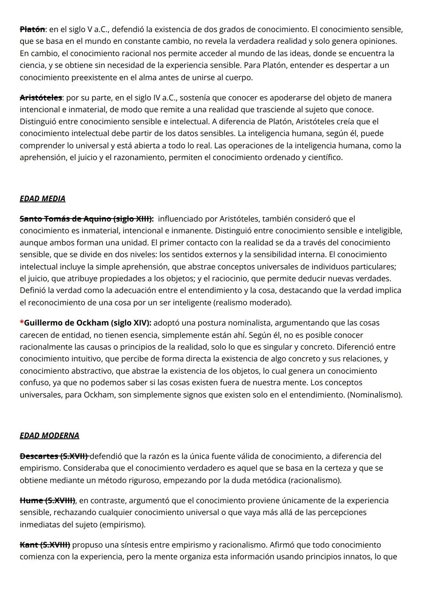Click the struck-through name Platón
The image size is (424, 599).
point(32,29)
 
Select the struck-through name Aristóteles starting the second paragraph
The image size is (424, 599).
point(41,97)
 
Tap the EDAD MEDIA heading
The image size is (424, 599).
point(42,199)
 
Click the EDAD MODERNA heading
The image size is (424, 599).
point(49,436)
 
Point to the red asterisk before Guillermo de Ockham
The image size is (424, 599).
point(22,323)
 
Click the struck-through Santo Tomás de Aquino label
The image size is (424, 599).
point(86,219)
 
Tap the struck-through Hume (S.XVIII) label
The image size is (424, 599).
point(47,500)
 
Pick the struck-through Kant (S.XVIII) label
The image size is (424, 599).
point(45,545)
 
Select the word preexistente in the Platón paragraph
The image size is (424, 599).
point(94,77)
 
